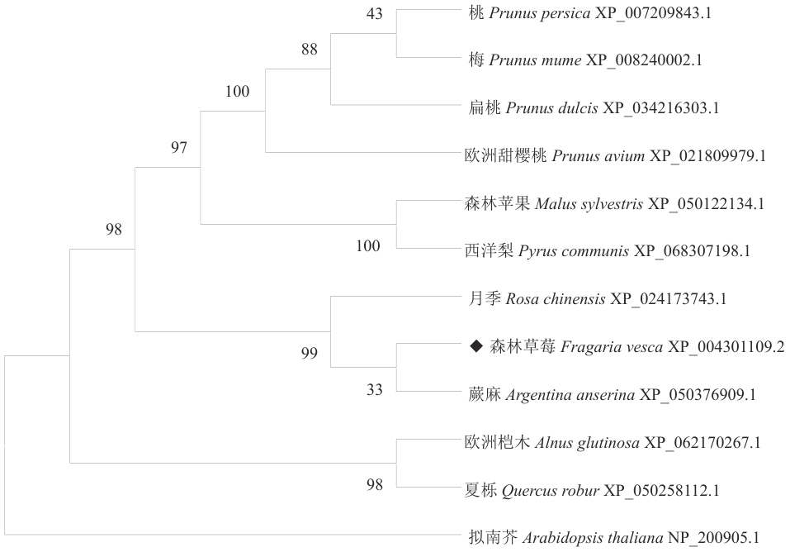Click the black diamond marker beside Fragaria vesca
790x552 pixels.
[476, 346]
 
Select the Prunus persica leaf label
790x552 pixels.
[590, 13]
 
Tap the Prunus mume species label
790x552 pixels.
[585, 60]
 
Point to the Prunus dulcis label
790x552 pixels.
[594, 108]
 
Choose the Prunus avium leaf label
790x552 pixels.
[615, 155]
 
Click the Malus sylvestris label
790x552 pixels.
[614, 203]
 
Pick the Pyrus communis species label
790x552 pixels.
[608, 250]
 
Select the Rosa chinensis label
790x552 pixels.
[598, 298]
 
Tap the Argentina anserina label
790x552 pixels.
[613, 394]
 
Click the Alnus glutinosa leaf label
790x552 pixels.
[613, 442]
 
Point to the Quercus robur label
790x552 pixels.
[592, 490]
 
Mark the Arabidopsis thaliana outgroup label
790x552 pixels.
[613, 538]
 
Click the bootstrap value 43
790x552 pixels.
[374, 13]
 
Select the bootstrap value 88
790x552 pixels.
[310, 49]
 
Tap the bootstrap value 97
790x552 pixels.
[179, 147]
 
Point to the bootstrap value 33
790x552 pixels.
[374, 389]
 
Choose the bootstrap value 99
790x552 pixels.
[310, 353]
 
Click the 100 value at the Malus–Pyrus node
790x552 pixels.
[368, 245]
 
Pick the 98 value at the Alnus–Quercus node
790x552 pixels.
[374, 485]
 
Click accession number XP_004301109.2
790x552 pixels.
[726, 346]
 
